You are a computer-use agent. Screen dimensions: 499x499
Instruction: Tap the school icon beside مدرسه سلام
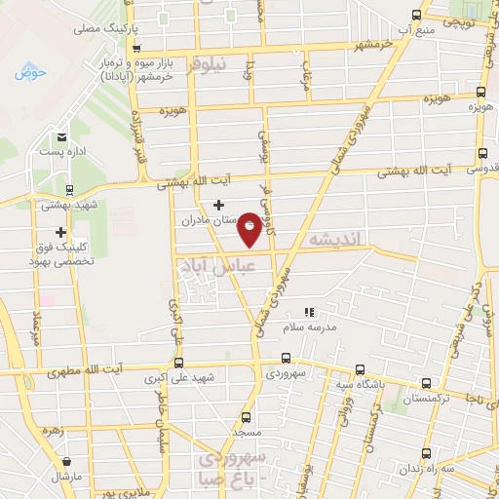click(308, 313)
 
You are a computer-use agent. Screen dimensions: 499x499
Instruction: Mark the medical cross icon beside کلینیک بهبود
click(61, 232)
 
